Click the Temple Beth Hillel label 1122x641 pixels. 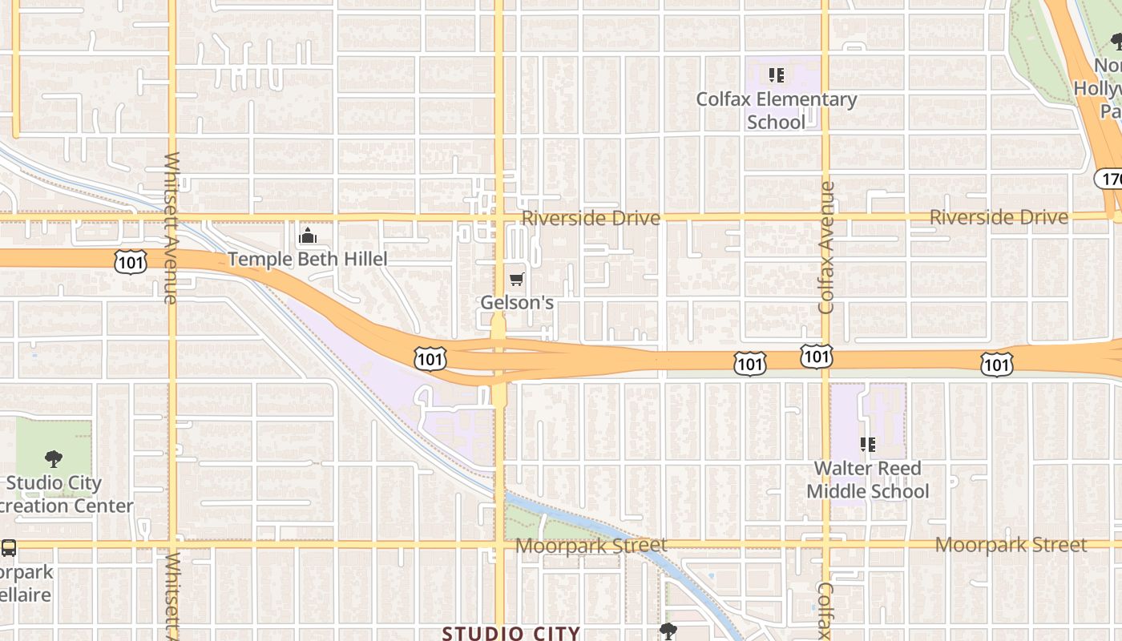(308, 259)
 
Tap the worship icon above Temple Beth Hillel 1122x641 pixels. (307, 236)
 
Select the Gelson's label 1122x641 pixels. (517, 303)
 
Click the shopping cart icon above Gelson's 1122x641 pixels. (517, 279)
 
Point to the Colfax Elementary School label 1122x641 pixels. (776, 111)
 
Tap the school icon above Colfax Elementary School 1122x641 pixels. (776, 75)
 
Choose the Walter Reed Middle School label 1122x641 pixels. (868, 479)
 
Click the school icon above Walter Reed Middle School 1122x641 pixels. (867, 444)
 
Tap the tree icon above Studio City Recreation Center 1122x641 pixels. (54, 459)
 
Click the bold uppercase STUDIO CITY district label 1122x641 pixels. (511, 633)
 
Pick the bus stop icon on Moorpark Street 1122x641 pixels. (9, 548)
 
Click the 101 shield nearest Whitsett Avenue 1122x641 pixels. (130, 260)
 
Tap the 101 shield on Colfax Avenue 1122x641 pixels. (816, 357)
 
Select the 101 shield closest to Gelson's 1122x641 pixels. (430, 358)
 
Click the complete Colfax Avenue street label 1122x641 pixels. (827, 248)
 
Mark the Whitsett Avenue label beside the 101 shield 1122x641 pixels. (170, 228)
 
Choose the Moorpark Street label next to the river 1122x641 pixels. (591, 546)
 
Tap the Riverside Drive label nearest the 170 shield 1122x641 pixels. (999, 217)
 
